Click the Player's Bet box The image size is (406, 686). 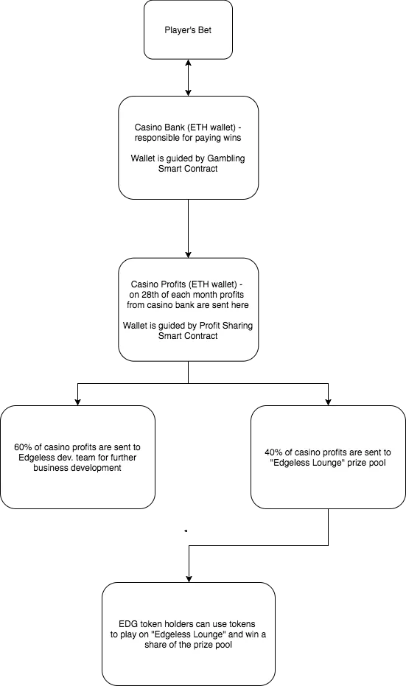point(188,29)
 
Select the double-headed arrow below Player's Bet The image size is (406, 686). point(188,78)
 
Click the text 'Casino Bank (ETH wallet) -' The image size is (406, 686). point(188,127)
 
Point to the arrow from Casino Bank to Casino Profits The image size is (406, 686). point(188,229)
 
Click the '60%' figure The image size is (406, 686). point(22,447)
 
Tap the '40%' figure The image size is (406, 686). point(273,452)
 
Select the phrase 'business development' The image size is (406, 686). point(77,468)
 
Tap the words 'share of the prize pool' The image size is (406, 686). point(188,645)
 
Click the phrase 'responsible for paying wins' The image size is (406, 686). point(188,137)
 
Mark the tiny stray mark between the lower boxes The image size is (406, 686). point(186,531)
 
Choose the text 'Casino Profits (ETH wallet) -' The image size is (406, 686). point(188,284)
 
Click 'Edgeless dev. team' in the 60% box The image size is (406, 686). point(55,457)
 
